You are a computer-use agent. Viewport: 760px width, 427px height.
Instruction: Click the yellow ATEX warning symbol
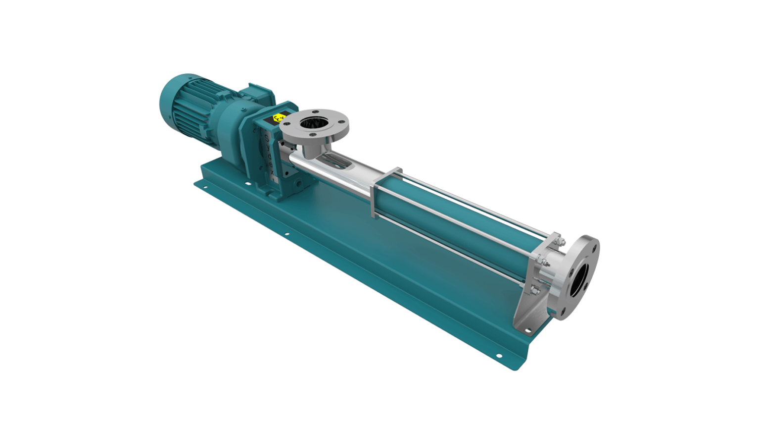279,118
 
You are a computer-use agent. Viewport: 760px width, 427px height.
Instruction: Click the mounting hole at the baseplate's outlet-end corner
498,355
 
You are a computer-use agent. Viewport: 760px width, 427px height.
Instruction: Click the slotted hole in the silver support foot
527,329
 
